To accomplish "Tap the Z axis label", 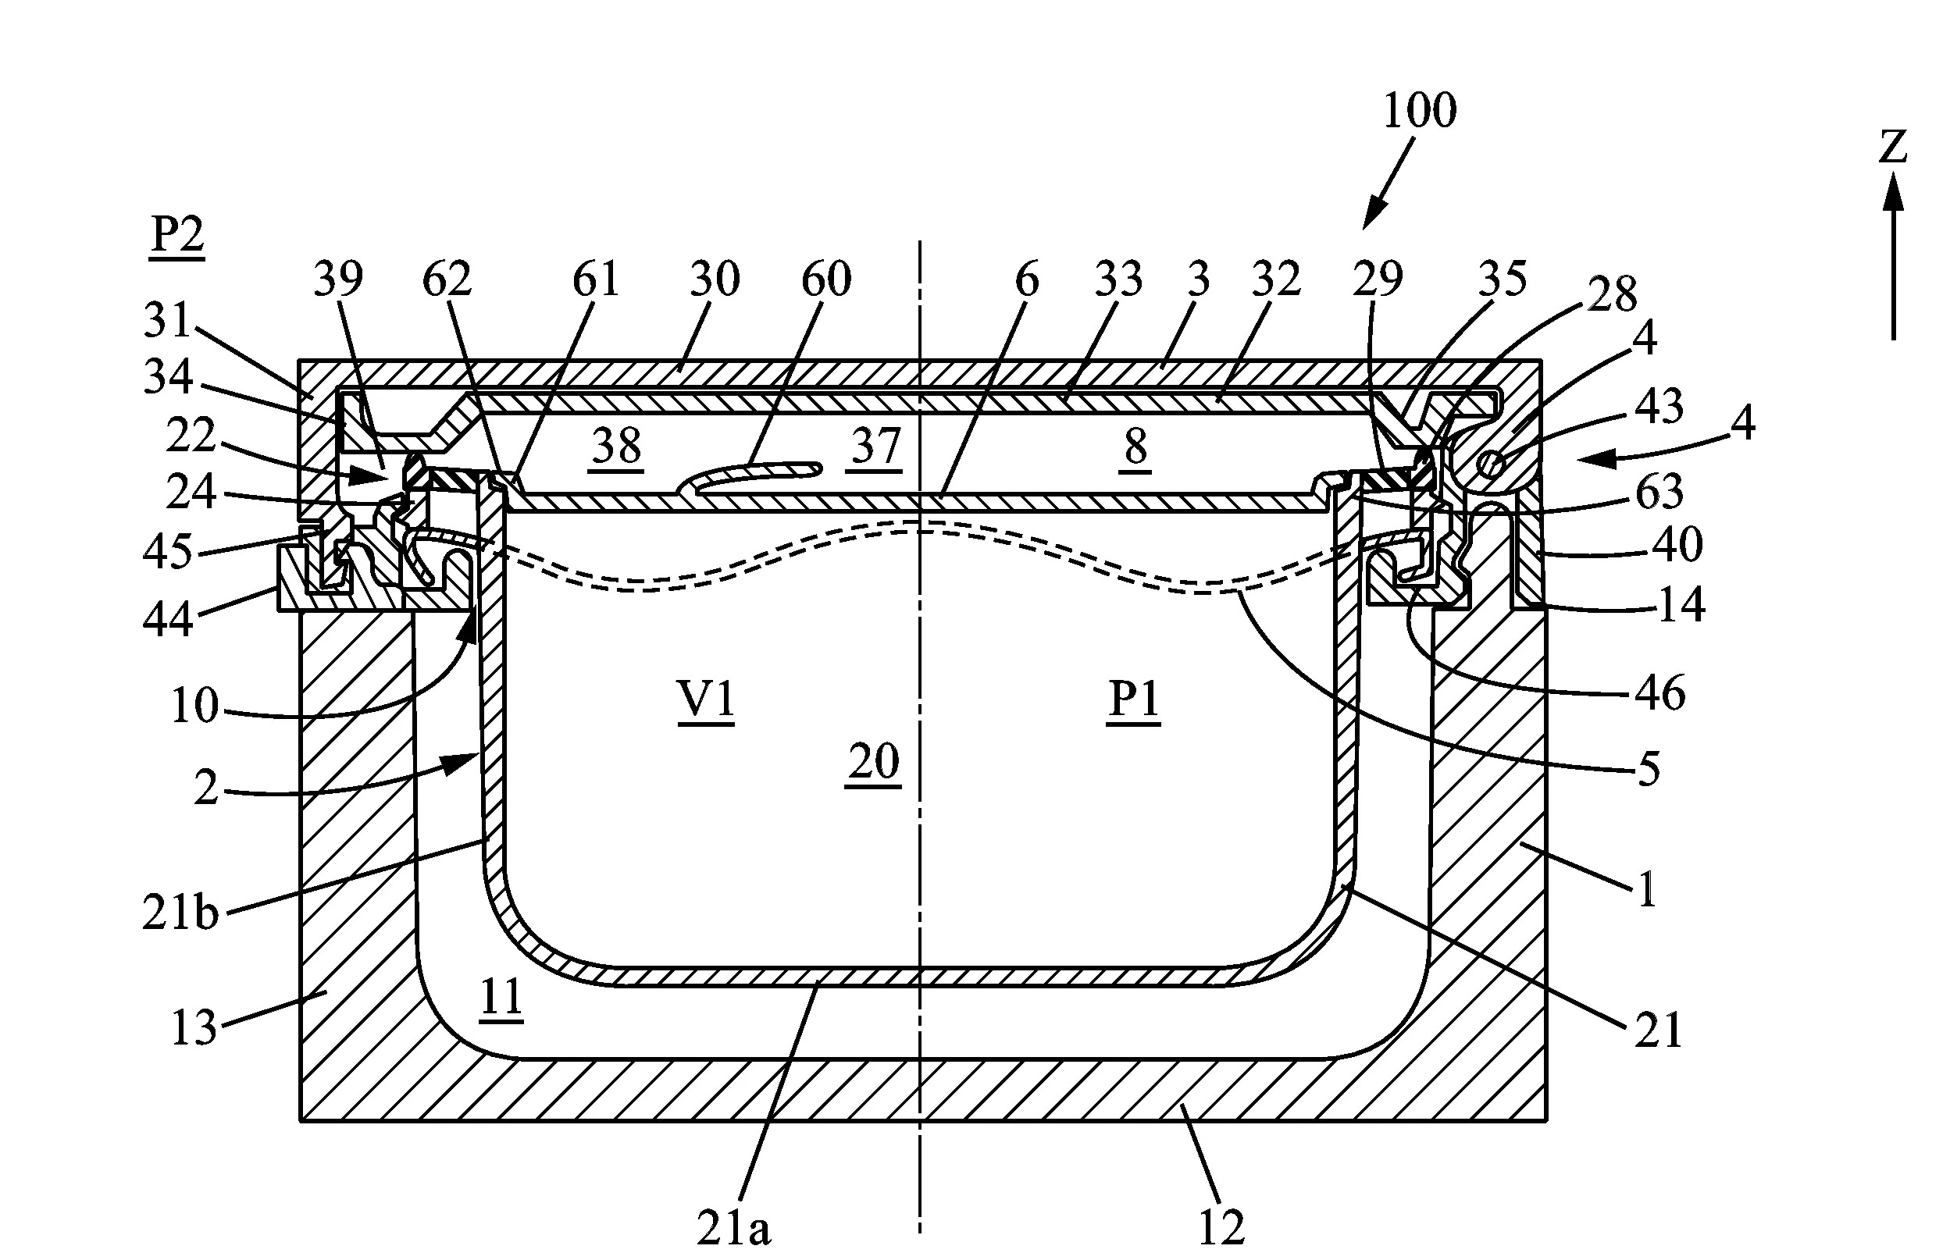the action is [1893, 148].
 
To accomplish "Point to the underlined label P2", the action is [177, 238].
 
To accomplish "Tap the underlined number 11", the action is [501, 1000].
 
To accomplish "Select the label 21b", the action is [181, 912].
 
